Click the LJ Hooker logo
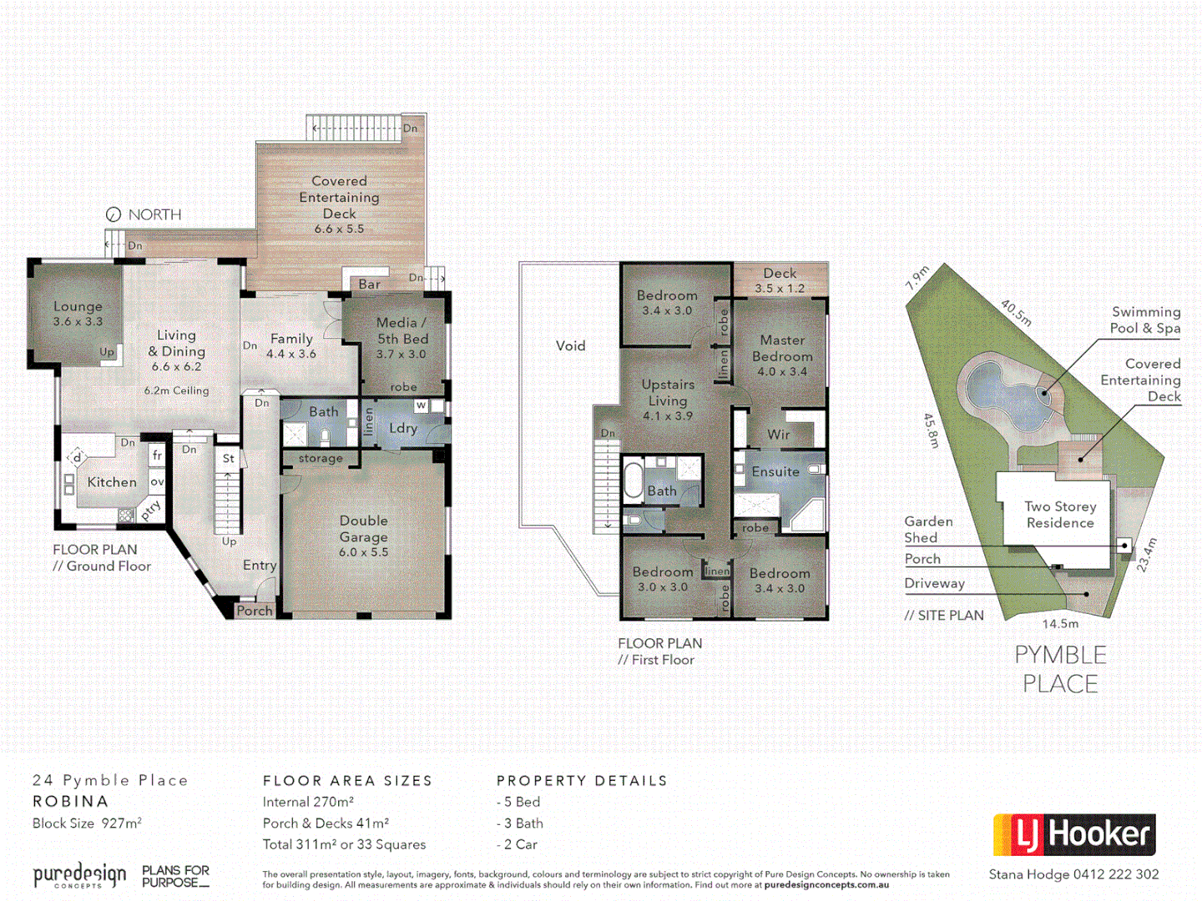coord(1074,834)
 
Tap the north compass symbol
coord(114,214)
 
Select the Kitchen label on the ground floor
coord(112,482)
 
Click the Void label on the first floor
coord(571,345)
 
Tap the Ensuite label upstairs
coord(775,471)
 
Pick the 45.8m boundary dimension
coord(932,430)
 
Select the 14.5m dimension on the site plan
coord(1060,623)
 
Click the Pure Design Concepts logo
coord(80,875)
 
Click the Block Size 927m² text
coord(87,823)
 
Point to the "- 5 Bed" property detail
coord(518,802)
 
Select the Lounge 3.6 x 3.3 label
coord(78,314)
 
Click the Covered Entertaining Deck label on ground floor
coord(339,204)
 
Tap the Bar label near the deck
coord(369,284)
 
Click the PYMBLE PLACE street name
coord(1060,669)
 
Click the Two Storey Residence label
coord(1060,514)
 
